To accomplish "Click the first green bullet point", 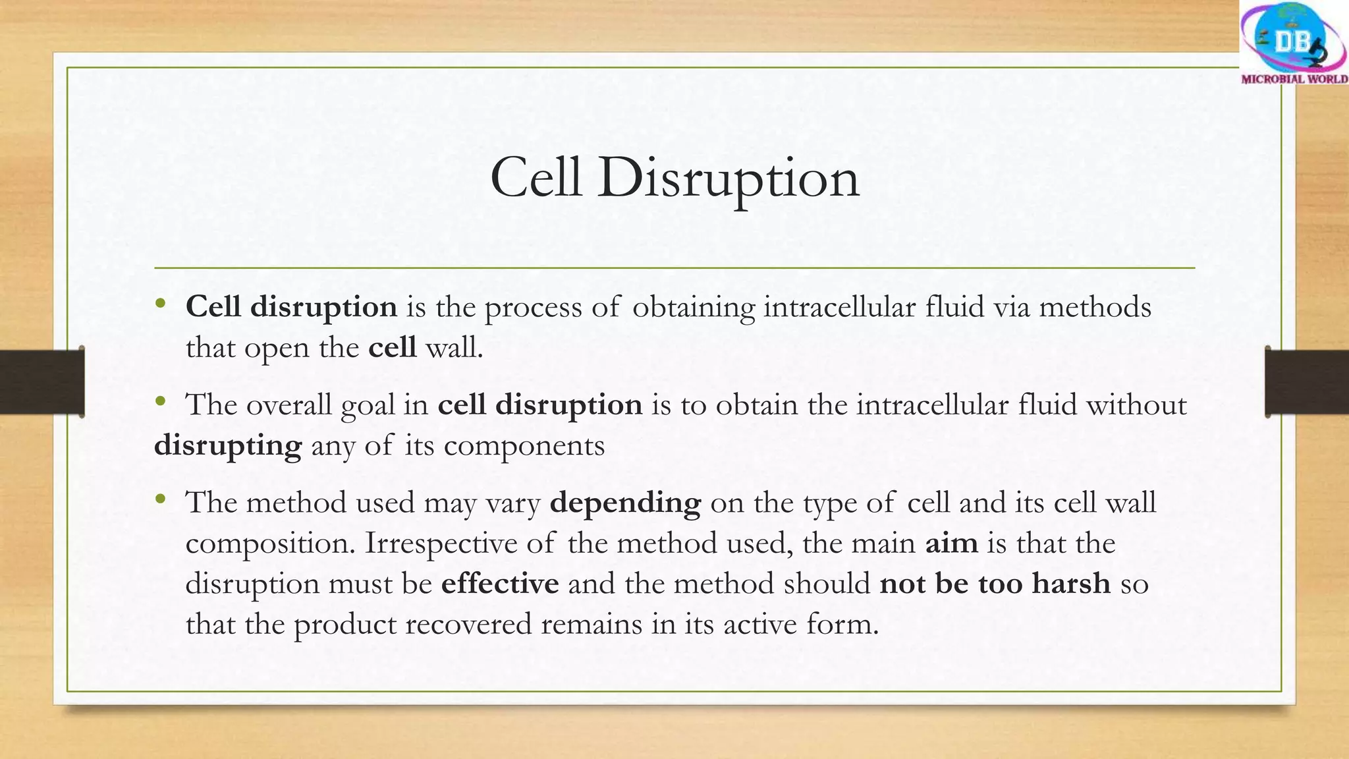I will point(160,304).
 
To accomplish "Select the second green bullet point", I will point(160,401).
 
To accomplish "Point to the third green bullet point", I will point(160,499).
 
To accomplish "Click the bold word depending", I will point(625,503).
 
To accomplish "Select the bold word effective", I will point(499,584).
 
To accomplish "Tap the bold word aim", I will point(951,544).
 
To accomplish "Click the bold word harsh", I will point(1071,584).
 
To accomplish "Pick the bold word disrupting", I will point(228,447).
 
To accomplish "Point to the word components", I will point(524,447).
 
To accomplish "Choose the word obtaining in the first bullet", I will point(694,308).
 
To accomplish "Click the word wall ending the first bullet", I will point(454,348).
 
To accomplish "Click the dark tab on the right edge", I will point(1307,382).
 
